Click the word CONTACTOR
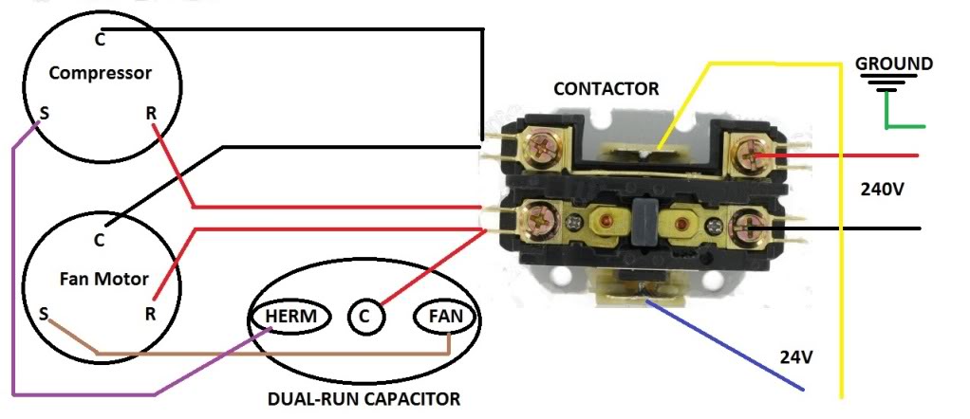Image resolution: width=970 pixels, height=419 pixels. click(x=606, y=89)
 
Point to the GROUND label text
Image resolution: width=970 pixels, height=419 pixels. click(x=894, y=64)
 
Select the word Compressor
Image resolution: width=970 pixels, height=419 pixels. click(x=100, y=73)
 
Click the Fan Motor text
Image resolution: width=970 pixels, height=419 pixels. click(x=100, y=279)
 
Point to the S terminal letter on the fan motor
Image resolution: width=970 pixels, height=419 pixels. click(x=44, y=312)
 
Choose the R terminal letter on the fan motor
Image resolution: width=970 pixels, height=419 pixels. click(x=150, y=312)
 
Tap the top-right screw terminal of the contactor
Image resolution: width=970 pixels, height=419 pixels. click(x=748, y=154)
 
